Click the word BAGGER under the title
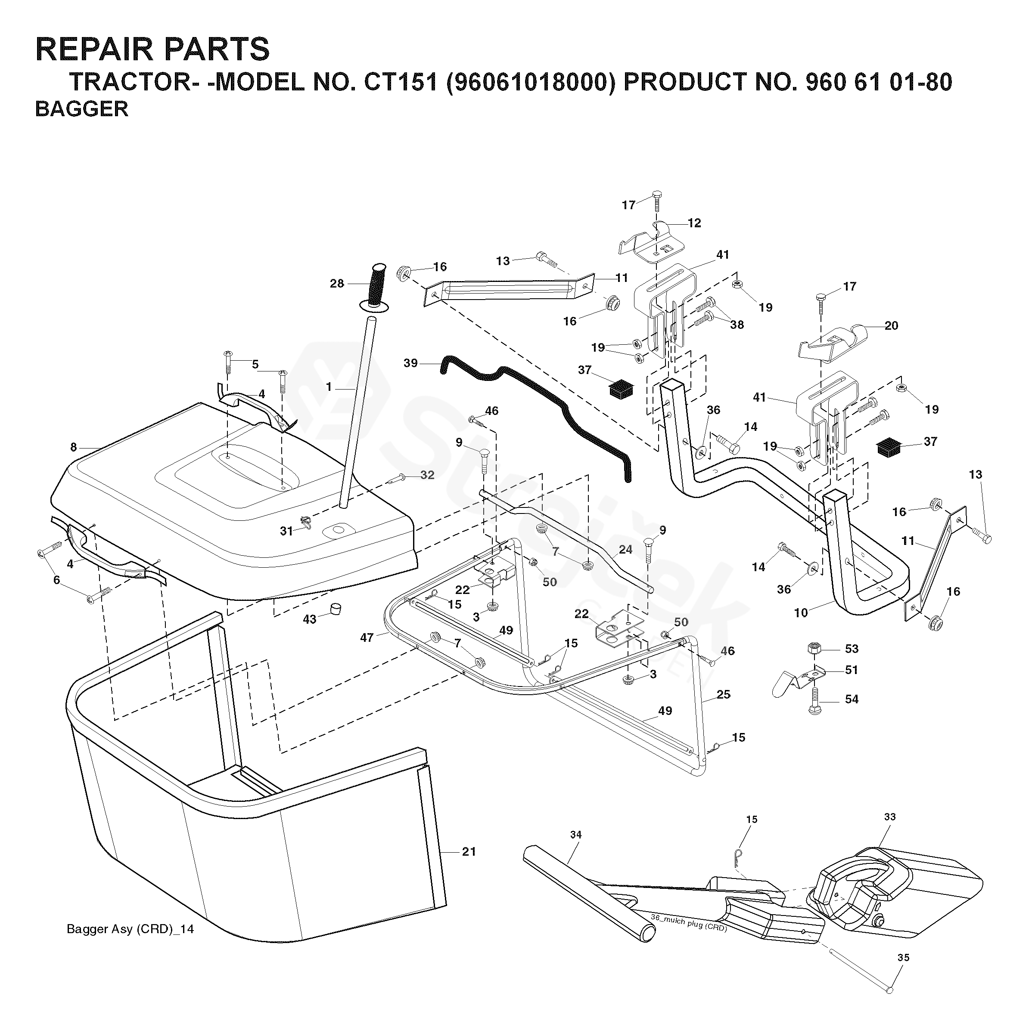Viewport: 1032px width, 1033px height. coord(81,109)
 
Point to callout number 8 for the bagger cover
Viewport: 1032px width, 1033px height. coord(73,447)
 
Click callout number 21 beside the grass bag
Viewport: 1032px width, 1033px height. coord(469,851)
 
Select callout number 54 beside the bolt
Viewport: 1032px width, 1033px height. coord(851,699)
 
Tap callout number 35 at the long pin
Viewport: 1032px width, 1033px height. coord(903,957)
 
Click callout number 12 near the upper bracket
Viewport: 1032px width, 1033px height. coord(694,223)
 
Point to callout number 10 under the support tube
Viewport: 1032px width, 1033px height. coord(800,613)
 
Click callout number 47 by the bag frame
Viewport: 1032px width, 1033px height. coord(367,637)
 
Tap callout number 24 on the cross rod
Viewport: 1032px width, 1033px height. coord(625,549)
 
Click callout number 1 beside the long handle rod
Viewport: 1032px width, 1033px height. coord(329,387)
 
